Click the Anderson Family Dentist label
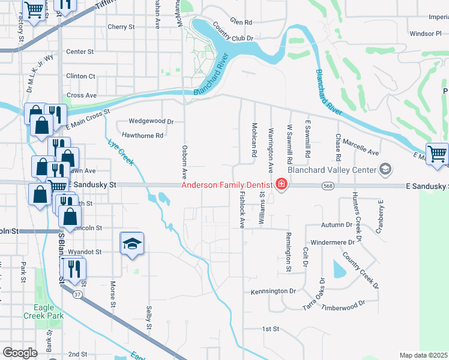[228, 184]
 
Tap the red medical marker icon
[280, 184]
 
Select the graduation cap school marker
[132, 244]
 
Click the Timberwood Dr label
[343, 307]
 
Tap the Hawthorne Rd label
[142, 136]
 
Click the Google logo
[20, 352]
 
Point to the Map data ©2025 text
[423, 355]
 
